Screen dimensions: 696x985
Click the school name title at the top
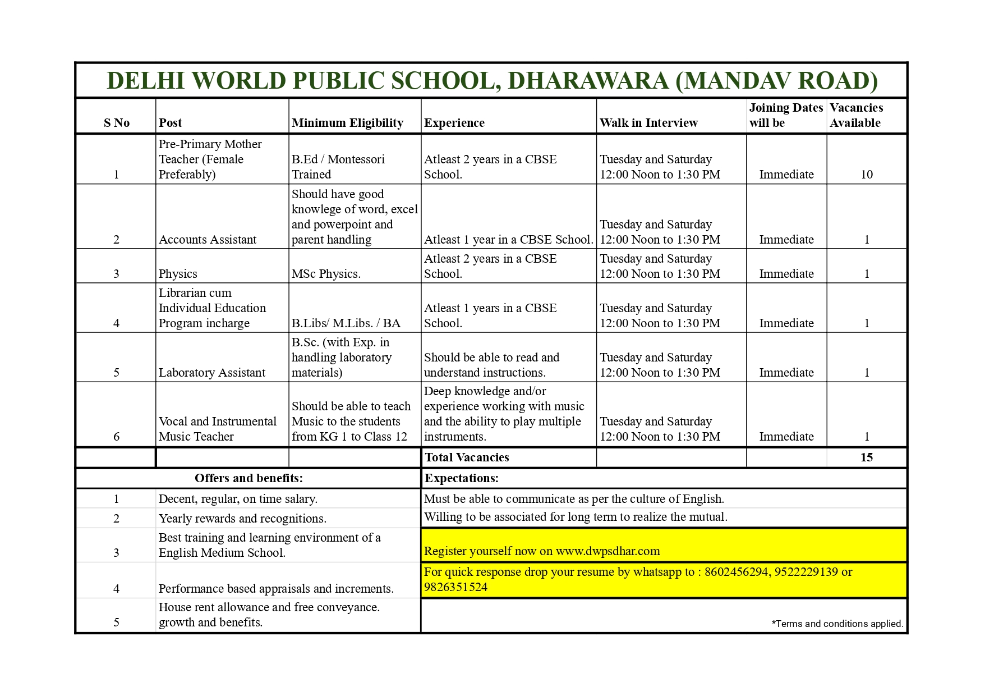(492, 81)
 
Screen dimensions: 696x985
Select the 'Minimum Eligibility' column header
(347, 123)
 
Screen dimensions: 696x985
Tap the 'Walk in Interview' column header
(648, 123)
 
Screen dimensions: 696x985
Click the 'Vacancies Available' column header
(856, 115)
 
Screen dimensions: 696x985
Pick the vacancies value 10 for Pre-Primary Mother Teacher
(867, 175)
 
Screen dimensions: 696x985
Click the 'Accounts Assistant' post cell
(208, 240)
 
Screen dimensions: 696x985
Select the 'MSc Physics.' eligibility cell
(326, 274)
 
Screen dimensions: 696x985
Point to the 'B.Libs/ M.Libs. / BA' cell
(346, 323)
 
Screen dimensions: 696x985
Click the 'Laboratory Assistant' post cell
(212, 373)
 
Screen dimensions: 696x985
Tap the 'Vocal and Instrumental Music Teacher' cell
(217, 429)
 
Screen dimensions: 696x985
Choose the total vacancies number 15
(867, 457)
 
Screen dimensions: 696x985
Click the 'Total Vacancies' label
(467, 457)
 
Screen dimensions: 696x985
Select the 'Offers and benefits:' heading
(248, 478)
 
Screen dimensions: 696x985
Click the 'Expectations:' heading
(462, 478)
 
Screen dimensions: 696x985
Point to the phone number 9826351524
(455, 587)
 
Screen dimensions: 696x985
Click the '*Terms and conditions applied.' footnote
(837, 624)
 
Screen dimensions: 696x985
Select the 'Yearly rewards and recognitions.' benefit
(242, 519)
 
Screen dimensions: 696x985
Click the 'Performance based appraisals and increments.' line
(276, 589)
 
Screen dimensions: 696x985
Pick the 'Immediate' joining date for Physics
(786, 274)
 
